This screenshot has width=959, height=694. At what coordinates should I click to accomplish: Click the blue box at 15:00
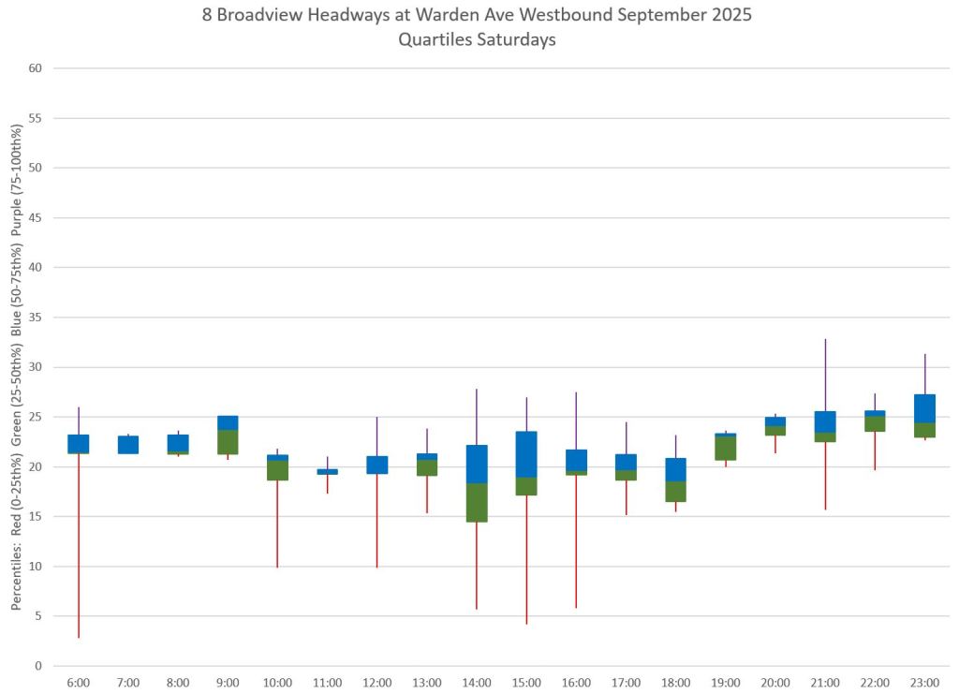[526, 454]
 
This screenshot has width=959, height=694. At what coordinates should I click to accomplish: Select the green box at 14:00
[477, 502]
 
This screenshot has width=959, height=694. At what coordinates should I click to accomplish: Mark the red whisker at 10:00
[277, 524]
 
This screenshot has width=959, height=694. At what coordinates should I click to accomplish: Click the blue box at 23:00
[924, 408]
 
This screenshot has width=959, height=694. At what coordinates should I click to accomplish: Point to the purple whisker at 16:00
[576, 421]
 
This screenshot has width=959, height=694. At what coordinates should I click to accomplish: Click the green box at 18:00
[675, 492]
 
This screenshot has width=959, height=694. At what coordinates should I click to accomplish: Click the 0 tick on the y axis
[38, 666]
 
